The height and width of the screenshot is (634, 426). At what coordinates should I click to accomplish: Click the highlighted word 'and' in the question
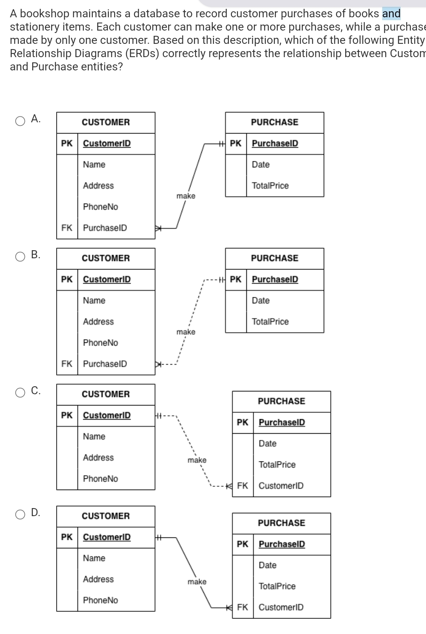tap(391, 14)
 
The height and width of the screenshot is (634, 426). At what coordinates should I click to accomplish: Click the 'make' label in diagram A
tap(186, 196)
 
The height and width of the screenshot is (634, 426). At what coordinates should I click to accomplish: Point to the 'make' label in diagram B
tap(186, 332)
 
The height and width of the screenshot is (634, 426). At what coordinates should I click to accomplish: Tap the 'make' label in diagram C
tap(197, 460)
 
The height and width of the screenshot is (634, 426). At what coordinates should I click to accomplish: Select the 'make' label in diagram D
tap(197, 582)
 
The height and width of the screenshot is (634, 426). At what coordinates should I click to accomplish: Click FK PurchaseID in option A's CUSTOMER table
tap(105, 228)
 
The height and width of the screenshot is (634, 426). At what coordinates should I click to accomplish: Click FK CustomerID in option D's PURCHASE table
tap(281, 607)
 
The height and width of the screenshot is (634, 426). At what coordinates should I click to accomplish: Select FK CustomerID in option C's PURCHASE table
tap(281, 486)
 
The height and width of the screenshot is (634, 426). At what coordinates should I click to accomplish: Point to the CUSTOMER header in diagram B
tap(106, 258)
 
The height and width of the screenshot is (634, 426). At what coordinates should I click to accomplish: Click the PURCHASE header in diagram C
tap(281, 401)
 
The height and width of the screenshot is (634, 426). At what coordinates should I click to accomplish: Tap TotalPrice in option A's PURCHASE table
tap(270, 186)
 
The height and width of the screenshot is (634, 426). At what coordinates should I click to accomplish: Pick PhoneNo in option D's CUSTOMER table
tap(100, 600)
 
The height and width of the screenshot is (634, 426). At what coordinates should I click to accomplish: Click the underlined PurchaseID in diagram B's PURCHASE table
tap(275, 279)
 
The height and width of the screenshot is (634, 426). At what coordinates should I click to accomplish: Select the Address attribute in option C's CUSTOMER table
tap(98, 457)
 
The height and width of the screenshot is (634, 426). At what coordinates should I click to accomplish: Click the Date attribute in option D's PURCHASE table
tap(267, 565)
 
